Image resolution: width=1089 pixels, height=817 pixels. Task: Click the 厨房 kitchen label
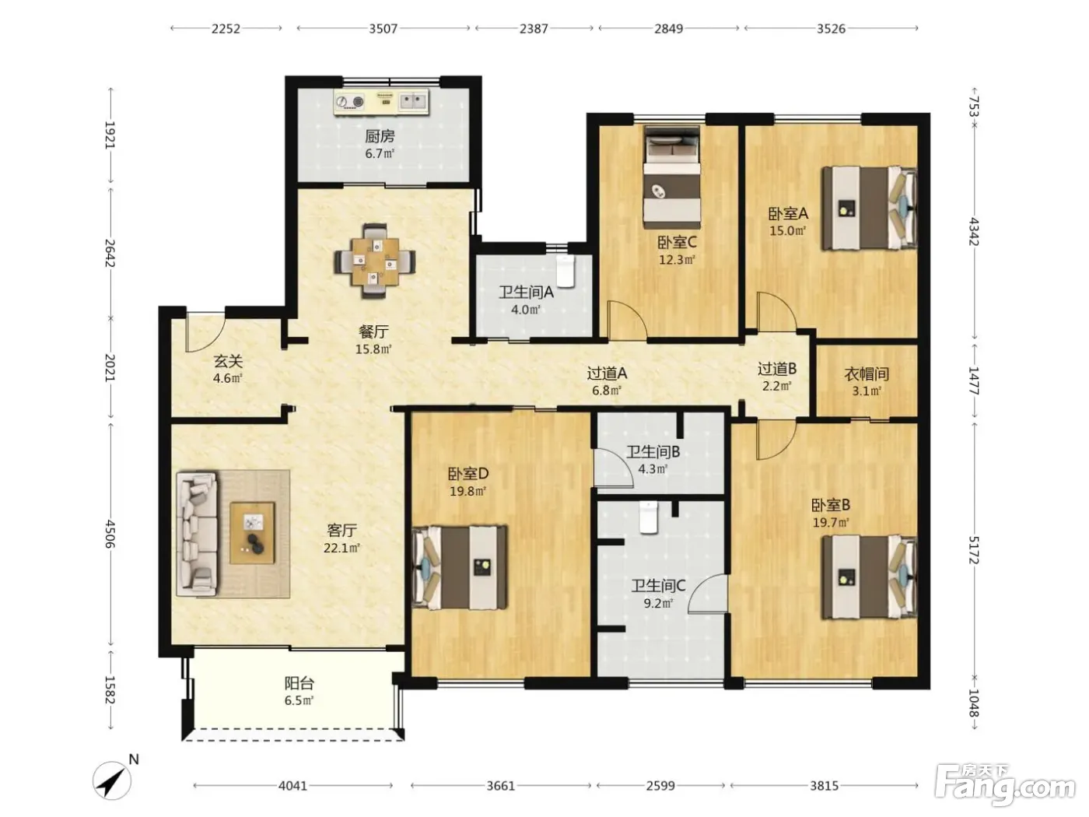[380, 136]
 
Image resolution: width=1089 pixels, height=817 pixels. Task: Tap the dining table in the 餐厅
[375, 261]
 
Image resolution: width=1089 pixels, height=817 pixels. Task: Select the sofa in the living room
[197, 534]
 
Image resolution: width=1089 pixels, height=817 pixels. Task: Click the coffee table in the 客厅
[252, 533]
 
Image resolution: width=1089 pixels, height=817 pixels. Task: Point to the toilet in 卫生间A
[565, 271]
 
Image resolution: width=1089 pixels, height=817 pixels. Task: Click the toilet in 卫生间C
[648, 517]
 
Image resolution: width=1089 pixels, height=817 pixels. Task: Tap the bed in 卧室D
[460, 567]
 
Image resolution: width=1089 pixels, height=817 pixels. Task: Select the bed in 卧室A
[869, 208]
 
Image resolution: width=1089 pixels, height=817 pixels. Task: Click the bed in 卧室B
[869, 577]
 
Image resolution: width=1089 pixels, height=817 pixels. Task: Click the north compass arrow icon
[112, 780]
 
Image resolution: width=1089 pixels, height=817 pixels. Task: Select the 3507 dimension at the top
[383, 28]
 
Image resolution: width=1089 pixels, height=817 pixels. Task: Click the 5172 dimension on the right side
[973, 549]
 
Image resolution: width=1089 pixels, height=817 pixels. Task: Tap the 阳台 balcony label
[299, 683]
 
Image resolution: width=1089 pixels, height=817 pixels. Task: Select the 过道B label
[777, 369]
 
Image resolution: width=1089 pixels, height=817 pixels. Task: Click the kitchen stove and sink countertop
[381, 103]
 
